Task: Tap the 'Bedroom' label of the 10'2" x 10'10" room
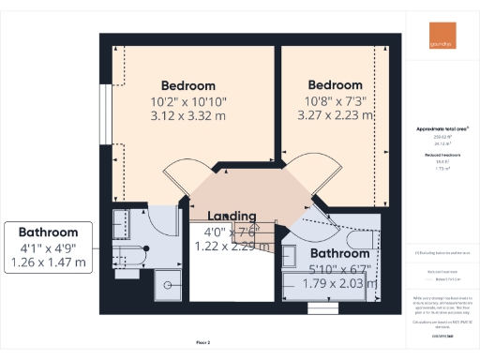(187, 84)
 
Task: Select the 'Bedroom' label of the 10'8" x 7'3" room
(335, 84)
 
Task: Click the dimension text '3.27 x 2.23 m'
(335, 116)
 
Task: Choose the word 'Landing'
(231, 215)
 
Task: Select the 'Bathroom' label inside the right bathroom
(338, 253)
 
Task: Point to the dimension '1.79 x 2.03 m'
(338, 285)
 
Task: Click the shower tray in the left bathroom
(170, 280)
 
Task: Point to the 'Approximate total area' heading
(442, 127)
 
